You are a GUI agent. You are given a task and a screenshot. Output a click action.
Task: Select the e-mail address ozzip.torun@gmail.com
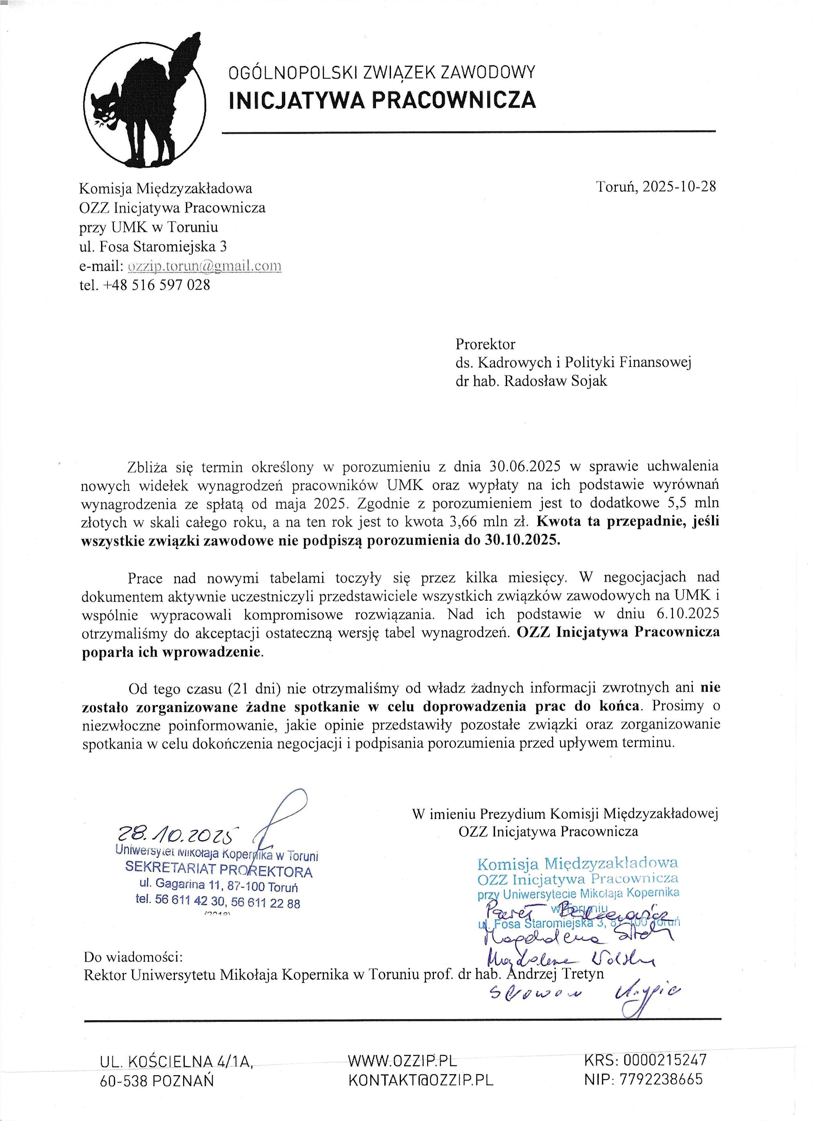[x=205, y=266]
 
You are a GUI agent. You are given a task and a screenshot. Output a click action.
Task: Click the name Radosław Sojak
[x=556, y=381]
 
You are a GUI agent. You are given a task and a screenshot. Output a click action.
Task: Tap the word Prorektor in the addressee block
[x=485, y=344]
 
